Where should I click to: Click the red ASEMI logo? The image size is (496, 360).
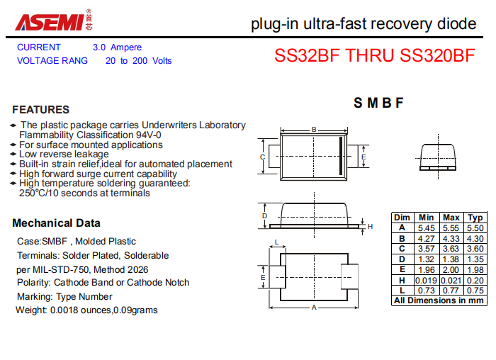(50, 22)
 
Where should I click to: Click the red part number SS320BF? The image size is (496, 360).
(437, 55)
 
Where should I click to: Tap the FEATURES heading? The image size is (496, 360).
(41, 110)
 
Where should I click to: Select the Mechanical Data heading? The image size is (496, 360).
(56, 223)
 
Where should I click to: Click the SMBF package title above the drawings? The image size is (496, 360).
(378, 103)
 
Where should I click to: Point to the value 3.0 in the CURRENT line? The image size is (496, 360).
(99, 47)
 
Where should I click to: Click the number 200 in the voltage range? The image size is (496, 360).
(140, 61)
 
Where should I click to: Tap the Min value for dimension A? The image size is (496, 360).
(426, 228)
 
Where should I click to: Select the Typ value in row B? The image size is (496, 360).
(475, 239)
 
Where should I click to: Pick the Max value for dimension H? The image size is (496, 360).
(451, 281)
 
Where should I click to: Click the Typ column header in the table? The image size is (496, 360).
(475, 218)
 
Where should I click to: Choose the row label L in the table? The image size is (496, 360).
(402, 291)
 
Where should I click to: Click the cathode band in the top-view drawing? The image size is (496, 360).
(341, 156)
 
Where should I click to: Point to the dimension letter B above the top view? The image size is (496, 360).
(314, 130)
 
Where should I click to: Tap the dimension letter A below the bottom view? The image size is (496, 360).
(314, 307)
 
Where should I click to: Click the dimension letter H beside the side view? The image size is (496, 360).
(371, 227)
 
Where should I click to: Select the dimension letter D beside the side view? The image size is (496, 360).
(265, 215)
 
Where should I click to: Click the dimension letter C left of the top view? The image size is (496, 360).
(262, 157)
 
